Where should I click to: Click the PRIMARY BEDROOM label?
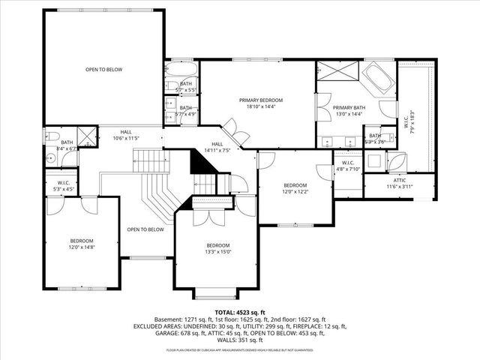[261, 100]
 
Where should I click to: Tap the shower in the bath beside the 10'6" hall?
[87, 136]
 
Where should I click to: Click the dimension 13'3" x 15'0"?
[217, 252]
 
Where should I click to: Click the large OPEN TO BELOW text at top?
[103, 70]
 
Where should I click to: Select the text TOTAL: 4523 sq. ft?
[240, 311]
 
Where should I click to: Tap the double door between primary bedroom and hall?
[239, 136]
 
